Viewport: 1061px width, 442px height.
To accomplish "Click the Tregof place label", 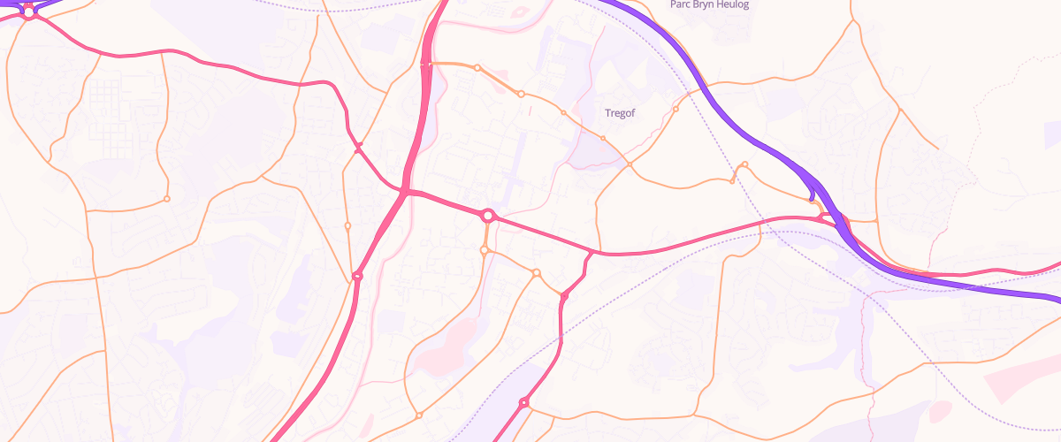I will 620,113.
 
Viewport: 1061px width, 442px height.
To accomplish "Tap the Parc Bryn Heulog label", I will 709,4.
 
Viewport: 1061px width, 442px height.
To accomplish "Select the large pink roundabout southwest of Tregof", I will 487,216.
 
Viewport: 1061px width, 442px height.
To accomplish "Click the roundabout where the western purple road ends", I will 29,12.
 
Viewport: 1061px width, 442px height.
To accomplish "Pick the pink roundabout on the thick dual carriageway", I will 357,277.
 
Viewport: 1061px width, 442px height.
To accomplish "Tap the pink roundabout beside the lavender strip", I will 523,403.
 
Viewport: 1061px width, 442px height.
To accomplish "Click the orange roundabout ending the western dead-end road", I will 166,199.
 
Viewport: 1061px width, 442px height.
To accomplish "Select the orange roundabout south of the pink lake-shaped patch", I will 419,415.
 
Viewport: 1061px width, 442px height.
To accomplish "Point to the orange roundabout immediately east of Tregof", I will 676,110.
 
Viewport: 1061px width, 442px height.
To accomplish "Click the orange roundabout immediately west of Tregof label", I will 563,113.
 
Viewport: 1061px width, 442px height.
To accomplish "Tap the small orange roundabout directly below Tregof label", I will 603,138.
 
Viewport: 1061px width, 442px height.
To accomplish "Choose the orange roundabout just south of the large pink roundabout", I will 485,251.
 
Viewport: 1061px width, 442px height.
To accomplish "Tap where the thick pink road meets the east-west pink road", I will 404,192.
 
